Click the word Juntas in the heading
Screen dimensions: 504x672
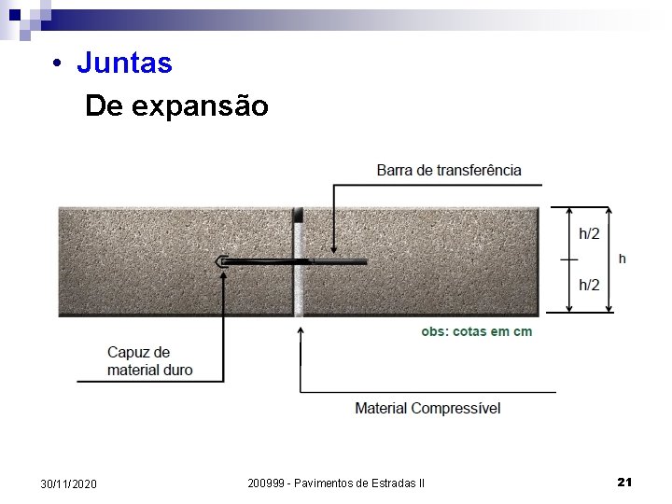[x=124, y=63]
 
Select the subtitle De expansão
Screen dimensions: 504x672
[x=176, y=106]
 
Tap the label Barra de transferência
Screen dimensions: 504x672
[x=449, y=170]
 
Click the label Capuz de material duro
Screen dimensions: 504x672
[x=150, y=361]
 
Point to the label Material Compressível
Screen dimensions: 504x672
[x=427, y=408]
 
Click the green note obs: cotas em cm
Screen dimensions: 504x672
[x=477, y=332]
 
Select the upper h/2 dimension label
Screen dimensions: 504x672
[x=589, y=234]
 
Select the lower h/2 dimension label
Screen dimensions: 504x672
[x=589, y=285]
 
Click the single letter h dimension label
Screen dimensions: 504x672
[x=623, y=259]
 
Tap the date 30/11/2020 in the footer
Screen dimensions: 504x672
[x=68, y=483]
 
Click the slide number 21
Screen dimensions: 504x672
[x=625, y=482]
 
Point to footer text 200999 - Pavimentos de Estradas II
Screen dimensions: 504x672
[x=336, y=483]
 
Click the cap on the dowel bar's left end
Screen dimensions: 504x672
[x=222, y=262]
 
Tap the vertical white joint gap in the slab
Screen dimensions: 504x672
[x=299, y=280]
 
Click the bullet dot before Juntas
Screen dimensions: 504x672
[x=58, y=64]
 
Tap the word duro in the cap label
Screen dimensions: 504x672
[x=176, y=370]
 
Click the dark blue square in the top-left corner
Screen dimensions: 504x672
[x=15, y=15]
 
